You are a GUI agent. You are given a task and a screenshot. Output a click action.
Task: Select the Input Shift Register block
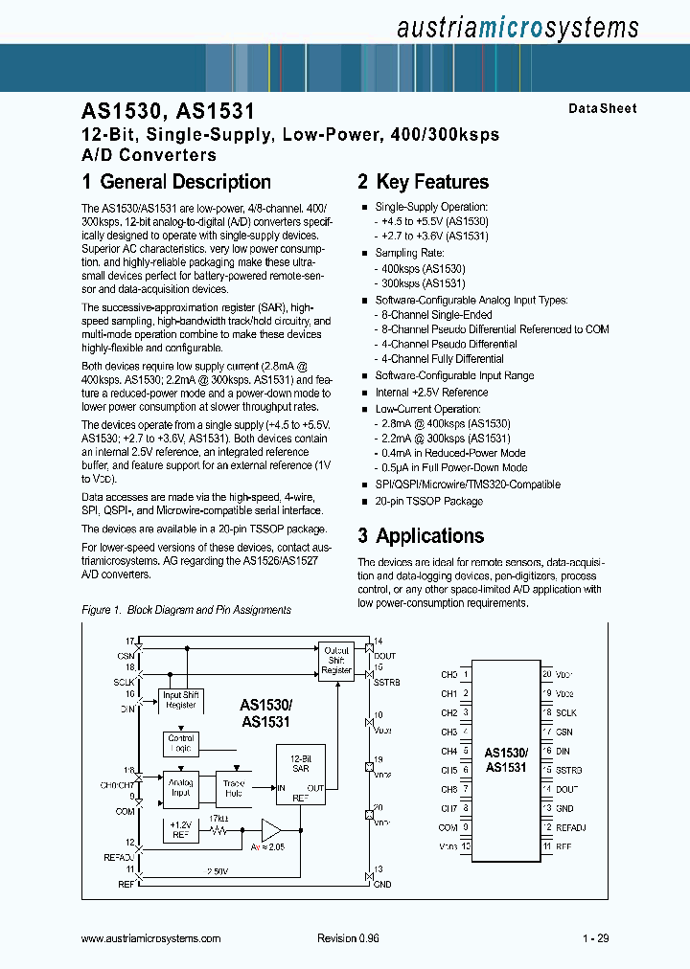point(180,700)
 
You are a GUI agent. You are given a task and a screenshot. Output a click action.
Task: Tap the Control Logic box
point(181,744)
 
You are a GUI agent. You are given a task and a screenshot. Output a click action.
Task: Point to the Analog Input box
point(180,786)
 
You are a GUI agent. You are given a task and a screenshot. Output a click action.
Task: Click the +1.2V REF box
point(180,829)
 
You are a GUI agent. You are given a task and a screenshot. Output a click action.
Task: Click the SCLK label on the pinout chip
point(565,712)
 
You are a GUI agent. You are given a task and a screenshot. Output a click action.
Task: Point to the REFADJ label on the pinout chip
point(570,827)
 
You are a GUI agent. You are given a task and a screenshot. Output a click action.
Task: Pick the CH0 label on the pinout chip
point(448,674)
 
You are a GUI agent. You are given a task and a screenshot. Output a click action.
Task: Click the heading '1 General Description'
point(176,182)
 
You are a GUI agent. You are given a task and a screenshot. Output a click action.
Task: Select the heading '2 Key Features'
point(423,182)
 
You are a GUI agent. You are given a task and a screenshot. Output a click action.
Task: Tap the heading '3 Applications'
point(421,535)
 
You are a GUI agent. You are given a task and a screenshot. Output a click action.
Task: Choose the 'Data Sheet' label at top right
point(602,109)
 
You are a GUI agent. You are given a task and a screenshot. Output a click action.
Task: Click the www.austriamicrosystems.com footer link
point(151,939)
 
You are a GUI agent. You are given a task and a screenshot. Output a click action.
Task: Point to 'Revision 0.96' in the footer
point(348,939)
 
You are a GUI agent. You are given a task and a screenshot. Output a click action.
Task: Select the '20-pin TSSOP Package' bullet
point(428,501)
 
